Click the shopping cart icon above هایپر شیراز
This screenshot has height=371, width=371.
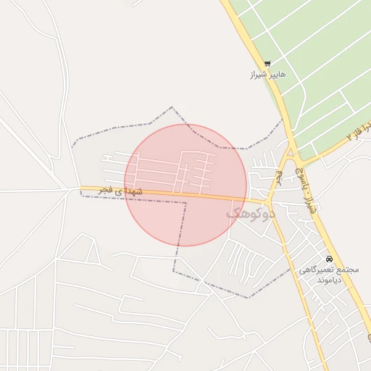[267, 64]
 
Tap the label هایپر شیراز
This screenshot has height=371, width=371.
[267, 75]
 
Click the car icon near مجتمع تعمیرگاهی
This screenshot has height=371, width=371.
[330, 259]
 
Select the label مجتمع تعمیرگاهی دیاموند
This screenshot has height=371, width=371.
[330, 274]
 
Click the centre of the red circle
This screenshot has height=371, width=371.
[186, 185]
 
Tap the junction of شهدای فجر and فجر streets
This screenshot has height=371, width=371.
[267, 201]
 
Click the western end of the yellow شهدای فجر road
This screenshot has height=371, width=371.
[82, 189]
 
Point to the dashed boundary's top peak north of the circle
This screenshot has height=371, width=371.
[172, 107]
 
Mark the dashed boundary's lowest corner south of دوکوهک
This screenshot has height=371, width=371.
[249, 297]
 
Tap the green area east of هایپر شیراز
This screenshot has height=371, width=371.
[319, 65]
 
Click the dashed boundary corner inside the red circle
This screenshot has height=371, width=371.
[185, 203]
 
